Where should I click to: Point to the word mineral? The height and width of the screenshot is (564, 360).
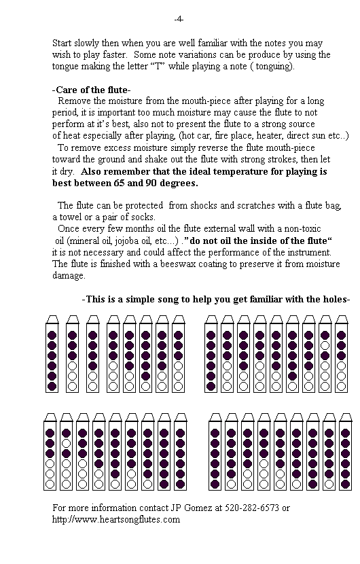[85, 241]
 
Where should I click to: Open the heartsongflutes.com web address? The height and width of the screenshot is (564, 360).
[116, 519]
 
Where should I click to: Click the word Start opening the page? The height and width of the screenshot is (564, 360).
[63, 43]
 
